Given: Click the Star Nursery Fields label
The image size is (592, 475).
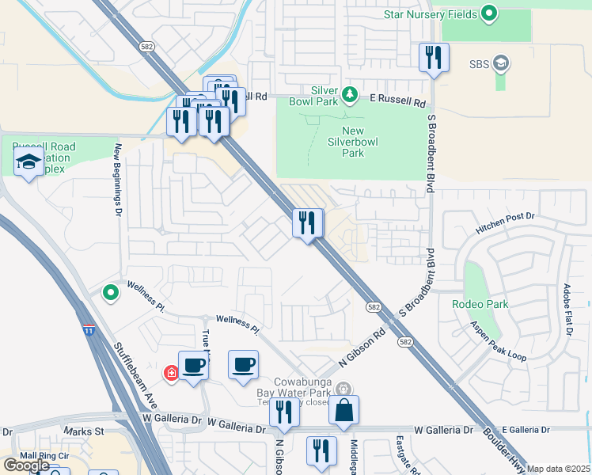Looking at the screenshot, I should (430, 14).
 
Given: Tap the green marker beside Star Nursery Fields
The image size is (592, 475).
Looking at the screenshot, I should (489, 13).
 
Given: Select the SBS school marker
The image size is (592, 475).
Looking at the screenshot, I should (500, 63).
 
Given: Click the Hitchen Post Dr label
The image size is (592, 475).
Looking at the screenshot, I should (505, 222).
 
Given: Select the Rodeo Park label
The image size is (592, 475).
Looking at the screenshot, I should (480, 304).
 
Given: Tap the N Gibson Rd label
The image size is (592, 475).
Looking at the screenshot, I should (362, 348).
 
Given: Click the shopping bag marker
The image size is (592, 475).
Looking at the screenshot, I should (343, 411).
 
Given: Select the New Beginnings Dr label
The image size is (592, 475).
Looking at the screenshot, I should (118, 178).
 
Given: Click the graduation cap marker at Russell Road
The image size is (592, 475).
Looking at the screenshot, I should (29, 163).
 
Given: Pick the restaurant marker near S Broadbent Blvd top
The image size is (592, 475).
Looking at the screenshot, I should (434, 57).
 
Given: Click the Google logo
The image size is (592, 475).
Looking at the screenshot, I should (26, 465).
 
